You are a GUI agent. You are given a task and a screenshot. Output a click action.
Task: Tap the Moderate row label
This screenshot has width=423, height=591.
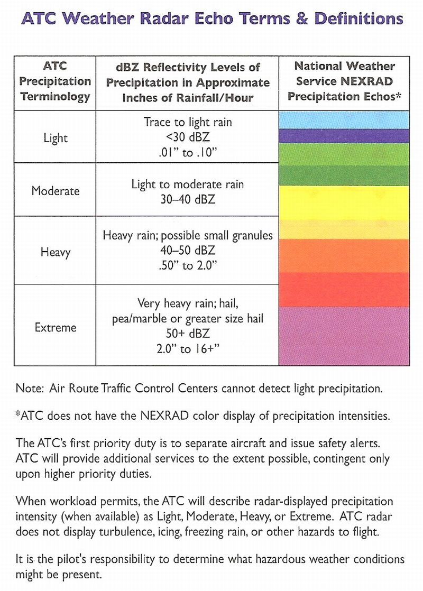pos(56,191)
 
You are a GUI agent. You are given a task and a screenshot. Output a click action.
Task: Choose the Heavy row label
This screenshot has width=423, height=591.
pos(56,252)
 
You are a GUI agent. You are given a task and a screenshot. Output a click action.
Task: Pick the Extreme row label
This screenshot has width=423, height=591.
pos(56,327)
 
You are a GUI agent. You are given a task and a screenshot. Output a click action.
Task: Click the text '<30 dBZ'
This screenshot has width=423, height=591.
pos(188,137)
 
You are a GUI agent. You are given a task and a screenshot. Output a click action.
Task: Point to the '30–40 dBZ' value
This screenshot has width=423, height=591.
pos(188,199)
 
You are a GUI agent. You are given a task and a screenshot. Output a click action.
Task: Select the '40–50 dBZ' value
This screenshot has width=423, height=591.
pos(188,250)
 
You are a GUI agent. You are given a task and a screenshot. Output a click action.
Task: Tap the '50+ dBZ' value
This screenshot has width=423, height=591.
pos(188,333)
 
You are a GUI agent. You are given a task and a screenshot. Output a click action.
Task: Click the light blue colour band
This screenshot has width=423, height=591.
pos(344,120)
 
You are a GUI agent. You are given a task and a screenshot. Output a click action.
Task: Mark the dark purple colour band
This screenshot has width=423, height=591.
pos(344,136)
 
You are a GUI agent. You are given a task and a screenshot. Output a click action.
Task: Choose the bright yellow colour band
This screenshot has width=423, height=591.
pos(344,203)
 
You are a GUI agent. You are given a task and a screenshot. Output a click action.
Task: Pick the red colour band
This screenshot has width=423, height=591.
pos(344,290)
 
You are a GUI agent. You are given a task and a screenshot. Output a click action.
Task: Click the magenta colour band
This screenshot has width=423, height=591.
pos(344,336)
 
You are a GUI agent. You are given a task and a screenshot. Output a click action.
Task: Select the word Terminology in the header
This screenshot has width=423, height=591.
pos(56,97)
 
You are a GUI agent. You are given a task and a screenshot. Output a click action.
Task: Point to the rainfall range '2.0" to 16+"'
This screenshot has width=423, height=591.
pos(188,349)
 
